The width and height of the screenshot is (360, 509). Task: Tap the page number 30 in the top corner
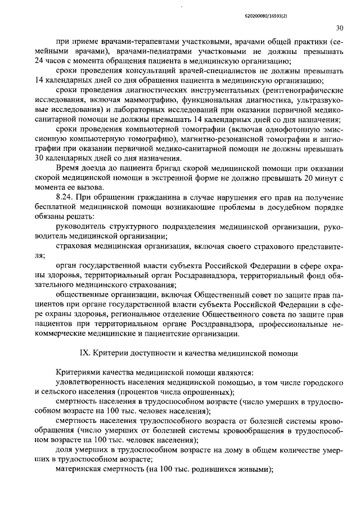pos(339,28)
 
